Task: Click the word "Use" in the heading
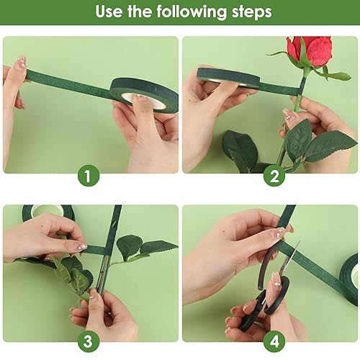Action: [109, 12]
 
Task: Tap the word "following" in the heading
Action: [192, 12]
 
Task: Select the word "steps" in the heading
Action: [252, 12]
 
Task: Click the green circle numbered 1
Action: [89, 176]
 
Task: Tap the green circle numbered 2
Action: [274, 176]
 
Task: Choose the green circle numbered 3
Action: [89, 341]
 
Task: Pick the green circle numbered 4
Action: [274, 341]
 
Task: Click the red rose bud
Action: [310, 50]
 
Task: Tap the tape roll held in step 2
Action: [228, 78]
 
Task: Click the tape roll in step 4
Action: [349, 279]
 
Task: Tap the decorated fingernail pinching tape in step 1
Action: [20, 64]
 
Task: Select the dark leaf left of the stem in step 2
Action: [240, 150]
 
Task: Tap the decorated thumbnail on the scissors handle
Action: [276, 279]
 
